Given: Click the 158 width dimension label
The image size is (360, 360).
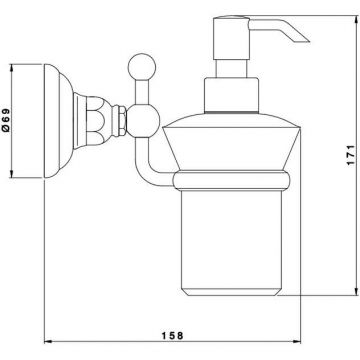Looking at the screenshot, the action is [x=173, y=335].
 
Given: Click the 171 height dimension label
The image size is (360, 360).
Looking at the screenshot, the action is [x=350, y=155].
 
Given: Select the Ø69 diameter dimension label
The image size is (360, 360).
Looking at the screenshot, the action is [x=6, y=120].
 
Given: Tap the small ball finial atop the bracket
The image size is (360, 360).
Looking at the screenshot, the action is [x=142, y=67].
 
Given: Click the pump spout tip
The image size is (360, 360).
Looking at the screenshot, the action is [x=306, y=41].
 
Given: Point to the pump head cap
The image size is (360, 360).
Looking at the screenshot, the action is [x=232, y=38].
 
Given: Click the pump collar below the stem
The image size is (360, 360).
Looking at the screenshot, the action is [x=231, y=95].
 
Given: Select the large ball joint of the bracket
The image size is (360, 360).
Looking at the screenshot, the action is [x=143, y=121].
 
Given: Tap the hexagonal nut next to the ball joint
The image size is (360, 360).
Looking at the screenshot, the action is [x=119, y=121].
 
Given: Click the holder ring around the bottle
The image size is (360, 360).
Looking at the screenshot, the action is [x=231, y=180].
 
